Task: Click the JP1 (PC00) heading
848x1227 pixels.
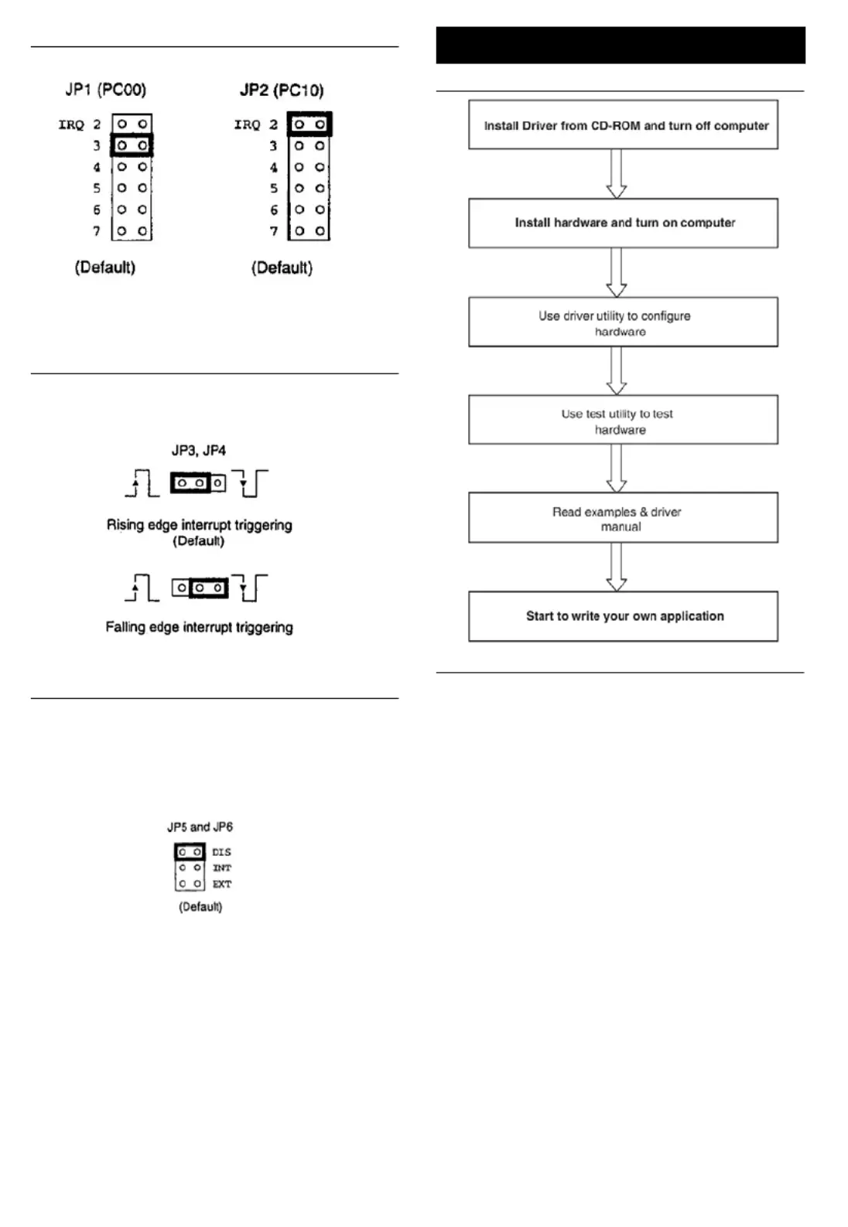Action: (x=106, y=89)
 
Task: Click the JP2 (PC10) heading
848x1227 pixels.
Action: (x=282, y=90)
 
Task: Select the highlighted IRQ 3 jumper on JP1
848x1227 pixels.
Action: (x=132, y=145)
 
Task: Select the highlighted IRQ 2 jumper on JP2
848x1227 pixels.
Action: (x=309, y=124)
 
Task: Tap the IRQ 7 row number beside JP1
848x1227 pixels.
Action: (x=97, y=231)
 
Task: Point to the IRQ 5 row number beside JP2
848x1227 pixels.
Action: (x=274, y=189)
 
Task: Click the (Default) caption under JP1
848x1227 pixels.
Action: (x=105, y=268)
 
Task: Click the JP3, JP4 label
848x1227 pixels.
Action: (x=198, y=450)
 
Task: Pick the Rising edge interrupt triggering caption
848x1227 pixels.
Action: (x=199, y=525)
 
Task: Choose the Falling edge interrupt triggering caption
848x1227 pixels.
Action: (x=199, y=627)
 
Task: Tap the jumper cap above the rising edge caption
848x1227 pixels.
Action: (x=190, y=482)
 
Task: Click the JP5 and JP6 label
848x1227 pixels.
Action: (x=200, y=827)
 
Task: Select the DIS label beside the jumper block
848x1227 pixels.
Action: (x=221, y=852)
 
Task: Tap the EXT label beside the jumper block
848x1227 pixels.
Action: (x=222, y=884)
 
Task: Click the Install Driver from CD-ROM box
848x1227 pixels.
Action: (x=623, y=124)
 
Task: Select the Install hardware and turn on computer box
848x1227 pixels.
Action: (x=623, y=223)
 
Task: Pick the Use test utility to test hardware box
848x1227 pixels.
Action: (x=623, y=420)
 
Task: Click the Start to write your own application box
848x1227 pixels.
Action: (x=623, y=616)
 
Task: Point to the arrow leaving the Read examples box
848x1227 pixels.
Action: (x=616, y=567)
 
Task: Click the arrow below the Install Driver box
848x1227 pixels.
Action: (x=616, y=174)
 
